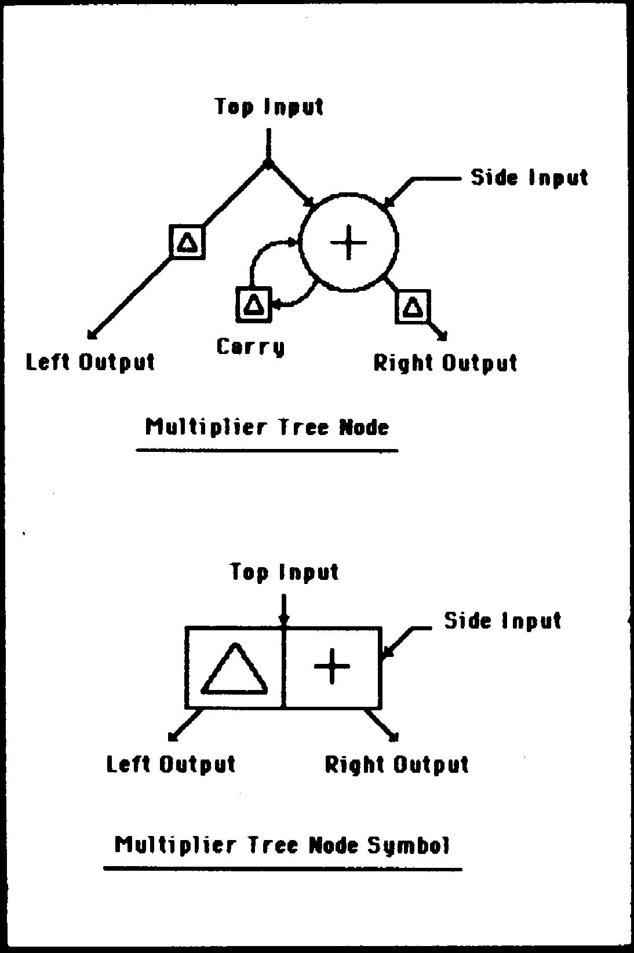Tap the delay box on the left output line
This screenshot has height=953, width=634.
[x=187, y=242]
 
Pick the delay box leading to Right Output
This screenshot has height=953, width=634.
[x=413, y=306]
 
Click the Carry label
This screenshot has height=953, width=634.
[x=251, y=347]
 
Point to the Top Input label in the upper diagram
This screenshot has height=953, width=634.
[x=269, y=107]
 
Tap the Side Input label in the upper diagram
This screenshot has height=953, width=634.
[x=529, y=177]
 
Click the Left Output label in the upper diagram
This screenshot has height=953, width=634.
[x=91, y=362]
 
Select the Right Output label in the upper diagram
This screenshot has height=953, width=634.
[x=445, y=363]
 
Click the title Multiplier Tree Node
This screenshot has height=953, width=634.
[x=267, y=428]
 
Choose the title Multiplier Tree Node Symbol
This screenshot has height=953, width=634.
[x=282, y=845]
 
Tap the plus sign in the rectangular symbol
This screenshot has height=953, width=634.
[x=332, y=666]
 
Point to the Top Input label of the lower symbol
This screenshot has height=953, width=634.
[x=284, y=572]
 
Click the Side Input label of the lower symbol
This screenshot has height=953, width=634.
[x=502, y=620]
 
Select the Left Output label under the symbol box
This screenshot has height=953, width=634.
[x=171, y=764]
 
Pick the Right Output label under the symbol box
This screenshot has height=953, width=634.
[x=396, y=765]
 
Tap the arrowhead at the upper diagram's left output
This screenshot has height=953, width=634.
[x=91, y=334]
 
